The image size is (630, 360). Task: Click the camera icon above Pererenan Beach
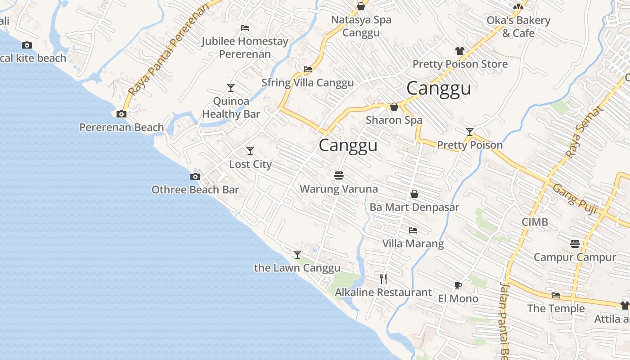[x=121, y=114]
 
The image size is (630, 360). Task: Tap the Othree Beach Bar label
[x=195, y=190]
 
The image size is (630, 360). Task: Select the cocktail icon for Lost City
[x=250, y=151]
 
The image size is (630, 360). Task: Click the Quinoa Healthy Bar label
[x=231, y=108]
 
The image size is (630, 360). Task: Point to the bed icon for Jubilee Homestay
[x=245, y=28]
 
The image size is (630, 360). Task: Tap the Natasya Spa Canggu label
[x=361, y=26]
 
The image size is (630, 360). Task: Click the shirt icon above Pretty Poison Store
[x=459, y=51]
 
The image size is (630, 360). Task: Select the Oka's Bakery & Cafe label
[x=518, y=27]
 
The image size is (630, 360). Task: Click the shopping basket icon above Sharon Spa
[x=394, y=107]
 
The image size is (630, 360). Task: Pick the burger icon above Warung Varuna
[x=339, y=175]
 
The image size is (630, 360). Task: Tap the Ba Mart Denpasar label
[x=414, y=207]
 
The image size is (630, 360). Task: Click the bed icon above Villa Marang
[x=413, y=230]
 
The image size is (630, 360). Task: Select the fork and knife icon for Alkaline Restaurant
[x=383, y=279]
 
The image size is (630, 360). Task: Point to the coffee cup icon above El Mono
[x=458, y=285]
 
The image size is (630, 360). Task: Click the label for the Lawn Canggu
[x=297, y=268]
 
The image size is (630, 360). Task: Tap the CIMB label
[x=535, y=222]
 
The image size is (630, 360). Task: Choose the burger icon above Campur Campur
[x=575, y=244]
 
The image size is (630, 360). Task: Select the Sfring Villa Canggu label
[x=307, y=83]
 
